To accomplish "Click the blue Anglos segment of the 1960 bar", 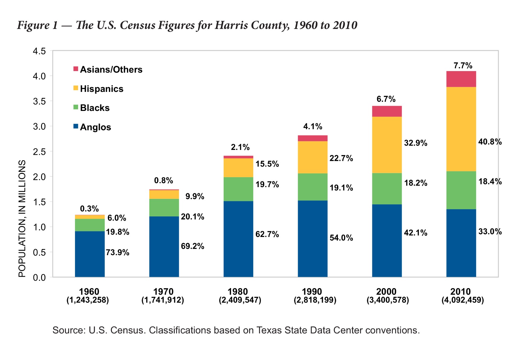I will [90, 254].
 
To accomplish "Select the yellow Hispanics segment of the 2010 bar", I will [461, 129].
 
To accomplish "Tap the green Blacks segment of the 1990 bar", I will [313, 187].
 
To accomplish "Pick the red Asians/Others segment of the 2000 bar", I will [387, 111].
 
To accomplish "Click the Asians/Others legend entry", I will [111, 70].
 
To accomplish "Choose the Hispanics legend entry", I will [102, 89].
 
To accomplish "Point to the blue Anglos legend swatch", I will [76, 126].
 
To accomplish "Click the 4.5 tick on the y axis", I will [39, 51].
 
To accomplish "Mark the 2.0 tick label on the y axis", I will [39, 177].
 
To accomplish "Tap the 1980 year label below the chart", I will [238, 292].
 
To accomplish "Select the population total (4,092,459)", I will [462, 300].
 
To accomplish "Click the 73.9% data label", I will [118, 252].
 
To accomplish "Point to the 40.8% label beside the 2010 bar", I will [490, 142].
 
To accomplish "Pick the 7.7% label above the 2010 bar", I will [463, 66].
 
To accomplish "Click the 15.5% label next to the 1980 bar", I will [267, 164].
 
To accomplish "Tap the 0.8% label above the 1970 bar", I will [164, 180].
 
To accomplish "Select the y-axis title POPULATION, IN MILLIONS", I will [22, 218].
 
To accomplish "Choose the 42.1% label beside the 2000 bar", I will [416, 233].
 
